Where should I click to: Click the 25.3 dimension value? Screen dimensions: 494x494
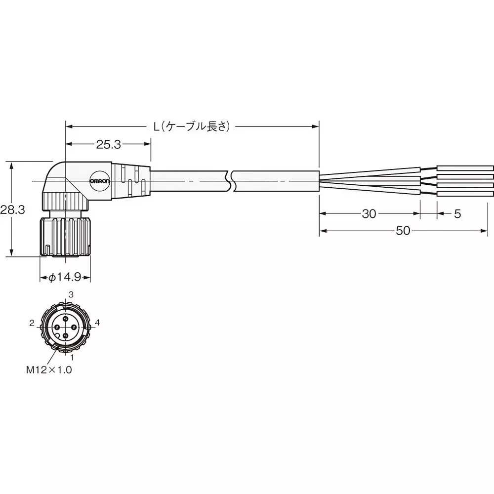[x=108, y=144]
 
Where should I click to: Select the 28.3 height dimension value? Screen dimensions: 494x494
[x=12, y=209]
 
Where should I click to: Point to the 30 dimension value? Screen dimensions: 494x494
[x=369, y=213]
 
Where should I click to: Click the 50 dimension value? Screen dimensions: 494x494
[x=403, y=231]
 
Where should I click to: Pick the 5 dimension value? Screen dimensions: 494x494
[x=457, y=213]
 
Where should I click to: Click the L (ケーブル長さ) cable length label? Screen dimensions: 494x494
[x=192, y=126]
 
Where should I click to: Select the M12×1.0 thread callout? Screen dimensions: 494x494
[x=49, y=369]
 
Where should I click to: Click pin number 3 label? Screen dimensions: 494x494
[x=71, y=294]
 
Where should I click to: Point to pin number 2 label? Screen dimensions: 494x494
[x=32, y=323]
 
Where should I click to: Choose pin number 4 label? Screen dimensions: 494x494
[x=97, y=323]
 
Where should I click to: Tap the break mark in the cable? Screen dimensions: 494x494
[x=231, y=181]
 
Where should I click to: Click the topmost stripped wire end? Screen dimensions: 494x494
[x=465, y=168]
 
